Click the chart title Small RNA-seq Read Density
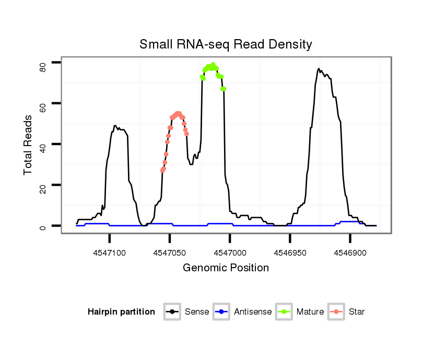coord(226,44)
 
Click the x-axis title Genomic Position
coord(226,268)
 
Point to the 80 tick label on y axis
coord(43,66)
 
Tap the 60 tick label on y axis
coord(43,107)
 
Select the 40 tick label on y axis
coord(43,148)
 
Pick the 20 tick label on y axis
coord(43,188)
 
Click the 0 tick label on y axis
coord(43,227)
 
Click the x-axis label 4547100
coord(110,253)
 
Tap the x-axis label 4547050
coord(170,253)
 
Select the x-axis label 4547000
coord(230,253)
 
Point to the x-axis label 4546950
coord(290,253)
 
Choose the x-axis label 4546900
coord(350,253)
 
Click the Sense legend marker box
coord(172,312)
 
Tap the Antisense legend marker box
coord(222,312)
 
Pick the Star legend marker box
coord(336,312)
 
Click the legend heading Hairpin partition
coord(121,312)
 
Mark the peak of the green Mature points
coord(213,65)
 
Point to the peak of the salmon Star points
coord(178,113)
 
